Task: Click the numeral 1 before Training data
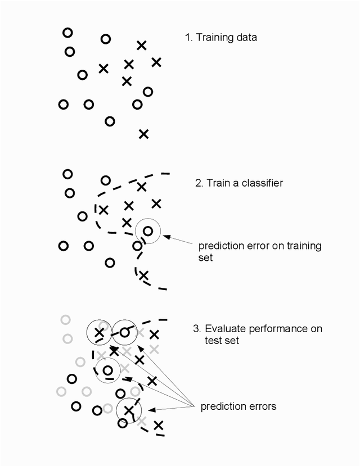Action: pos(187,38)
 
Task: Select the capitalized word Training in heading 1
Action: pos(211,38)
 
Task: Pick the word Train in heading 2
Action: pos(217,183)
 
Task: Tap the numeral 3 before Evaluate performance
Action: pos(193,329)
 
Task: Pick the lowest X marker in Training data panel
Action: pos(143,134)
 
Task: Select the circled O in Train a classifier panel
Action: pos(148,230)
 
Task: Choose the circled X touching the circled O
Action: pos(100,333)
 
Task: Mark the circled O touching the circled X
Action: pos(125,333)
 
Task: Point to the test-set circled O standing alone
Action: pos(107,370)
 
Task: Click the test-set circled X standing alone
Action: pos(129,410)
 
